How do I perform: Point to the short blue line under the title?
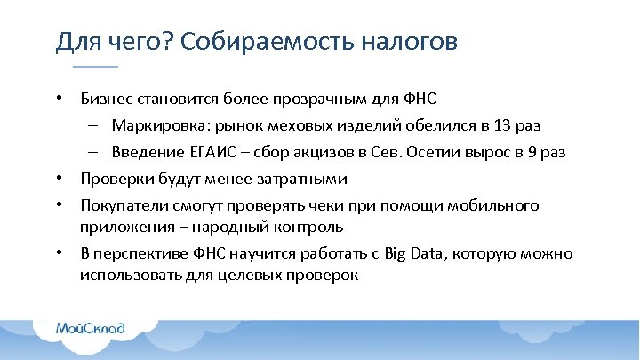95,68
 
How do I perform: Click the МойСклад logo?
91,329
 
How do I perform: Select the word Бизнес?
106,99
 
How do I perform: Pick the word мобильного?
494,205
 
